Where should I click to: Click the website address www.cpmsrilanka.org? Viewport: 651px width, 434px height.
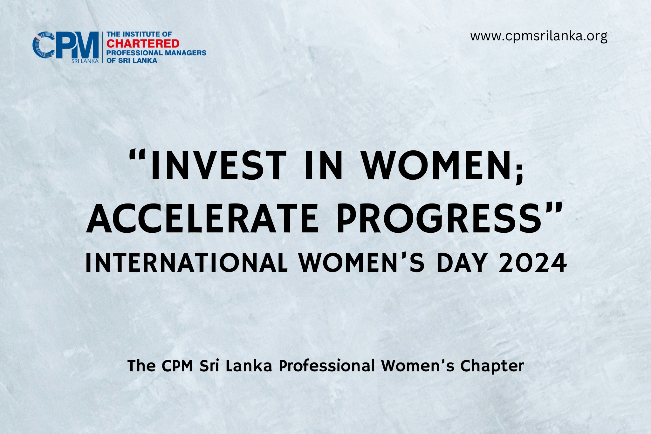pyautogui.click(x=539, y=36)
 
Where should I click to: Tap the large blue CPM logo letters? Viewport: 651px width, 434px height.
pyautogui.click(x=65, y=45)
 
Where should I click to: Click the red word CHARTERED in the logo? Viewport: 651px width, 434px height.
pyautogui.click(x=143, y=44)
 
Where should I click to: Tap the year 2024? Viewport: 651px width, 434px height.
pyautogui.click(x=533, y=263)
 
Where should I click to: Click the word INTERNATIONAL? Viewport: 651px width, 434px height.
pyautogui.click(x=187, y=263)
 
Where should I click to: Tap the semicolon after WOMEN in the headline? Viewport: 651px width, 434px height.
pyautogui.click(x=519, y=173)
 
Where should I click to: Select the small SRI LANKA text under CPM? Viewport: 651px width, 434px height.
pyautogui.click(x=85, y=61)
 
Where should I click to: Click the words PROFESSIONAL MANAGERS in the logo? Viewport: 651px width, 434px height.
pyautogui.click(x=156, y=53)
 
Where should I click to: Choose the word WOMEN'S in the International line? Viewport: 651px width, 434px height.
pyautogui.click(x=361, y=263)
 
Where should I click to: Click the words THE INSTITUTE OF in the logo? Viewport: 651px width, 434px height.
pyautogui.click(x=139, y=34)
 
